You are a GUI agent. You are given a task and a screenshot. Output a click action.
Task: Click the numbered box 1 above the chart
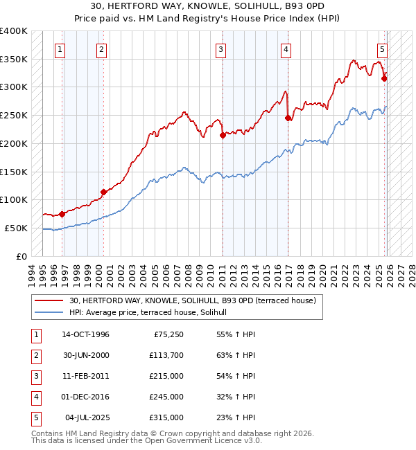[61, 49]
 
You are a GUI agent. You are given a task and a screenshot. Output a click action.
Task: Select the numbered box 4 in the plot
[286, 49]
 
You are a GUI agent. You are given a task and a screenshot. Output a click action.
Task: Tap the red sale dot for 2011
[223, 136]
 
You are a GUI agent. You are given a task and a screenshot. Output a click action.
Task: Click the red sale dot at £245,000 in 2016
[288, 118]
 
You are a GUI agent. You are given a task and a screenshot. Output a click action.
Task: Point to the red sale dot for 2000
[103, 192]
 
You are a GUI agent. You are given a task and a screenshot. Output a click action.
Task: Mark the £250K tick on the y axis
[14, 116]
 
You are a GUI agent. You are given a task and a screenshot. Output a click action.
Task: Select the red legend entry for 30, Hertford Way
[193, 300]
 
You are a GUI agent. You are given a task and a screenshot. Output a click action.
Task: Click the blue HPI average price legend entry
[153, 313]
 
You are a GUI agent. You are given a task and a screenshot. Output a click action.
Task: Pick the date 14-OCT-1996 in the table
[85, 335]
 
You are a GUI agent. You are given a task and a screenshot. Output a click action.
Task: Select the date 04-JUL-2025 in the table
[87, 418]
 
